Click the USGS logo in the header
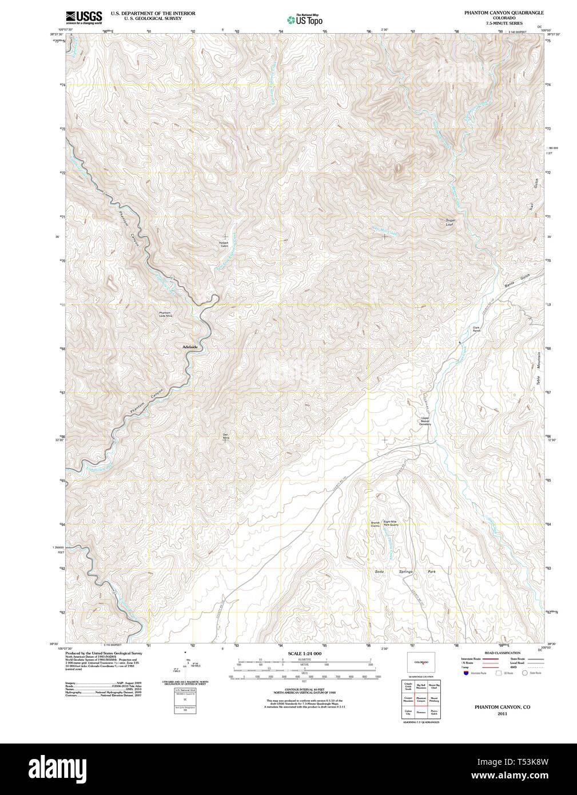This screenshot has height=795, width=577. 83,17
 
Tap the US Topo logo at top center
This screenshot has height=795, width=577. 305,19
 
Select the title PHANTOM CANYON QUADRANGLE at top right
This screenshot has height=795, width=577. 504,13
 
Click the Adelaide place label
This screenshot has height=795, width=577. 189,347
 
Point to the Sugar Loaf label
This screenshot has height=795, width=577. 449,222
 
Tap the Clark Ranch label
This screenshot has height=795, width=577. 476,329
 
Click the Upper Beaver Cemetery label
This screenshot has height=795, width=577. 425,421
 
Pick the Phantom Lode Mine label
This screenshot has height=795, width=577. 165,314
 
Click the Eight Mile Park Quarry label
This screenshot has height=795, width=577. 391,523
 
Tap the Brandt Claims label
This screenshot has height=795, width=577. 375,523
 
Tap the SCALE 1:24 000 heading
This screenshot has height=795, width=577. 304,654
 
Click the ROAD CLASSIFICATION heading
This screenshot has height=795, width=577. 502,653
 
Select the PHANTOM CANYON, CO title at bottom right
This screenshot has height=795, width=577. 502,707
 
